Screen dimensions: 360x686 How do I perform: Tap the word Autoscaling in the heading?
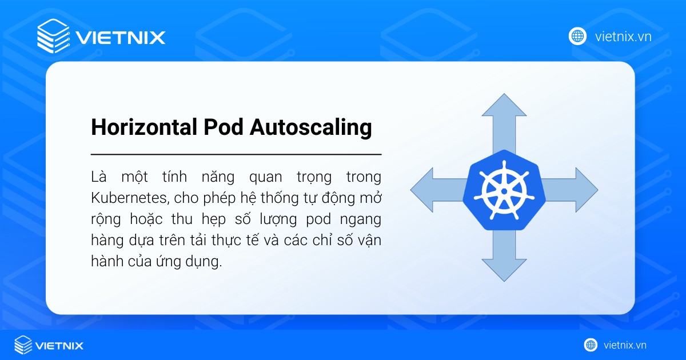pos(312,128)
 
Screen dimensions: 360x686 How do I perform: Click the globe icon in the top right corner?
pos(577,37)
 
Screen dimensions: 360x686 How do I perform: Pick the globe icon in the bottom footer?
pos(591,345)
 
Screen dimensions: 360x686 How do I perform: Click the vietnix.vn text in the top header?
pos(623,37)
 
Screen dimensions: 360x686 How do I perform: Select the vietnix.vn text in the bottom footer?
pos(625,345)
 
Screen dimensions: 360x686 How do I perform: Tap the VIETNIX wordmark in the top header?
pos(120,38)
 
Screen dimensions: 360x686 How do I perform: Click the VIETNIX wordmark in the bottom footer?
pos(59,345)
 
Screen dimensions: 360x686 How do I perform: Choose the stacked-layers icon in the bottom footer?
pos(23,345)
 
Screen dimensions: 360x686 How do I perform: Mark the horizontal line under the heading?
pos(236,154)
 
